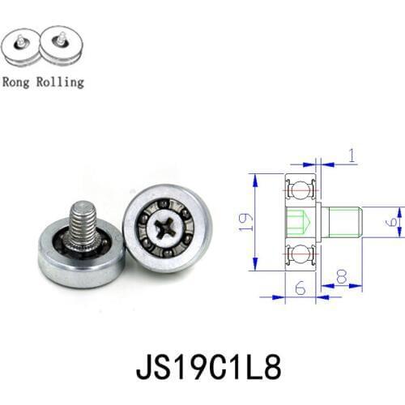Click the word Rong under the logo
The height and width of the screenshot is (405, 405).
(x=17, y=82)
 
